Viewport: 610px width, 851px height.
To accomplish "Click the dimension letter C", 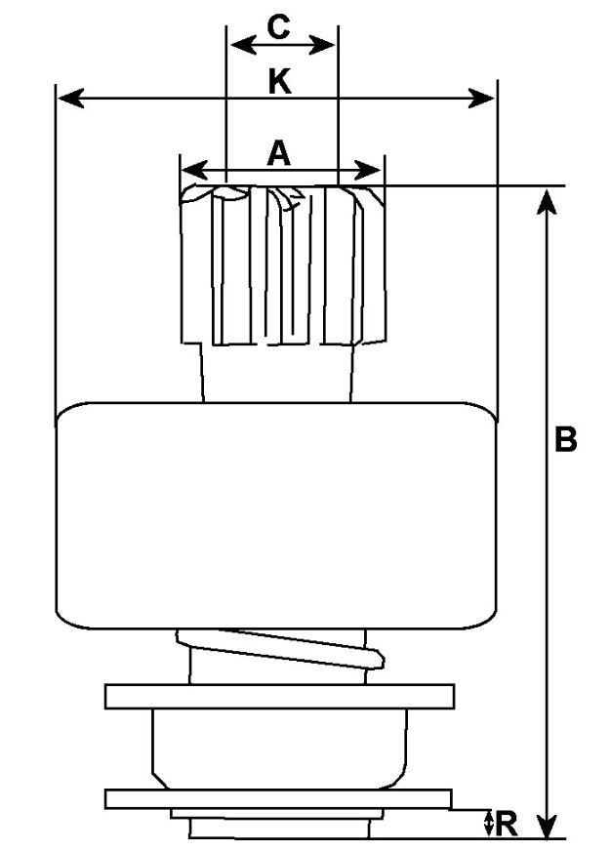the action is click(278, 27).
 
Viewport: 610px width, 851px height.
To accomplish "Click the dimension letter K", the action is click(279, 82).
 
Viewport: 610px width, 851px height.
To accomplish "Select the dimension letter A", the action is click(278, 153).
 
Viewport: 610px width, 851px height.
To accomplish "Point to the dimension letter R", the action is click(506, 824).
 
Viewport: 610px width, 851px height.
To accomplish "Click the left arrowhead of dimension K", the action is click(70, 99).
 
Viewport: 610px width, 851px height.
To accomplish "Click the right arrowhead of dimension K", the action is click(481, 99).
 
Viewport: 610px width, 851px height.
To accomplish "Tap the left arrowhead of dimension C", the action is click(243, 45).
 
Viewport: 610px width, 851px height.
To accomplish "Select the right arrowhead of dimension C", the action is click(321, 45).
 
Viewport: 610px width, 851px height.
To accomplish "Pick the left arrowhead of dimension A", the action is click(194, 171).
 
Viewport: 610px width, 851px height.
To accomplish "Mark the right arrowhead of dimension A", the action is click(367, 171).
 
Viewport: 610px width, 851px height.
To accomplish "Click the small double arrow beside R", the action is click(489, 824).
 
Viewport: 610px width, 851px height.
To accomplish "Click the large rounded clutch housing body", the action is click(277, 515).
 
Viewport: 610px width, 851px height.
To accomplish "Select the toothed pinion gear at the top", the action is click(283, 264).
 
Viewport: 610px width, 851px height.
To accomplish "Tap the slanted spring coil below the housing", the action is click(280, 649).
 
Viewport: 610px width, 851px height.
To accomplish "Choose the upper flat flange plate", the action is click(279, 697).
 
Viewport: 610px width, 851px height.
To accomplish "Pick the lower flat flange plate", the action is click(278, 799).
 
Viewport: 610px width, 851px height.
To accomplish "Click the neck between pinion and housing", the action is click(277, 374).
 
